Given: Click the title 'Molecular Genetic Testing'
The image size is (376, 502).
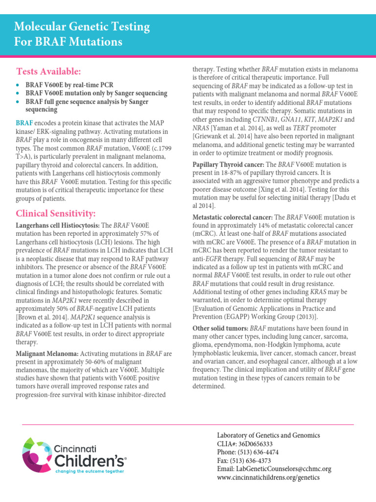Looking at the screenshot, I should pos(82,26).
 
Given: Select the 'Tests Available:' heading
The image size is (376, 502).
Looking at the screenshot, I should pos(48,72).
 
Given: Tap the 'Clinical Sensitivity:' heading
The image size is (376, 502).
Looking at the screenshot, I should pos(55,213).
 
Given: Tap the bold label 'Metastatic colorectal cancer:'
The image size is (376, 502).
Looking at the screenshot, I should pos(232,217).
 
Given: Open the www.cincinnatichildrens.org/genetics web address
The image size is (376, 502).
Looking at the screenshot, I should pos(268,477).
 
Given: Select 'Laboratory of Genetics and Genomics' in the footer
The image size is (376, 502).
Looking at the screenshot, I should pos(268,435).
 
